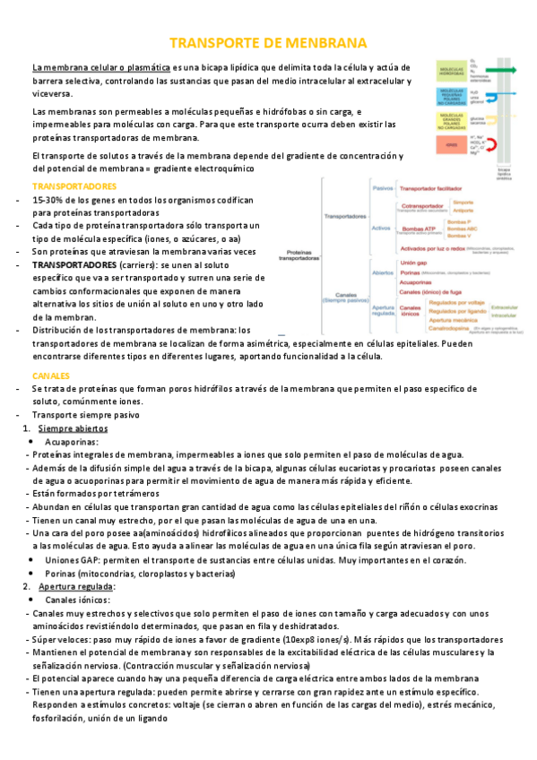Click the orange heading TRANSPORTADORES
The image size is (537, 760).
[x=74, y=186]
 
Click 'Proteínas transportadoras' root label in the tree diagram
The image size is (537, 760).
[x=302, y=256]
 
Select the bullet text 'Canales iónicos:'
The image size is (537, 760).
[x=80, y=599]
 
